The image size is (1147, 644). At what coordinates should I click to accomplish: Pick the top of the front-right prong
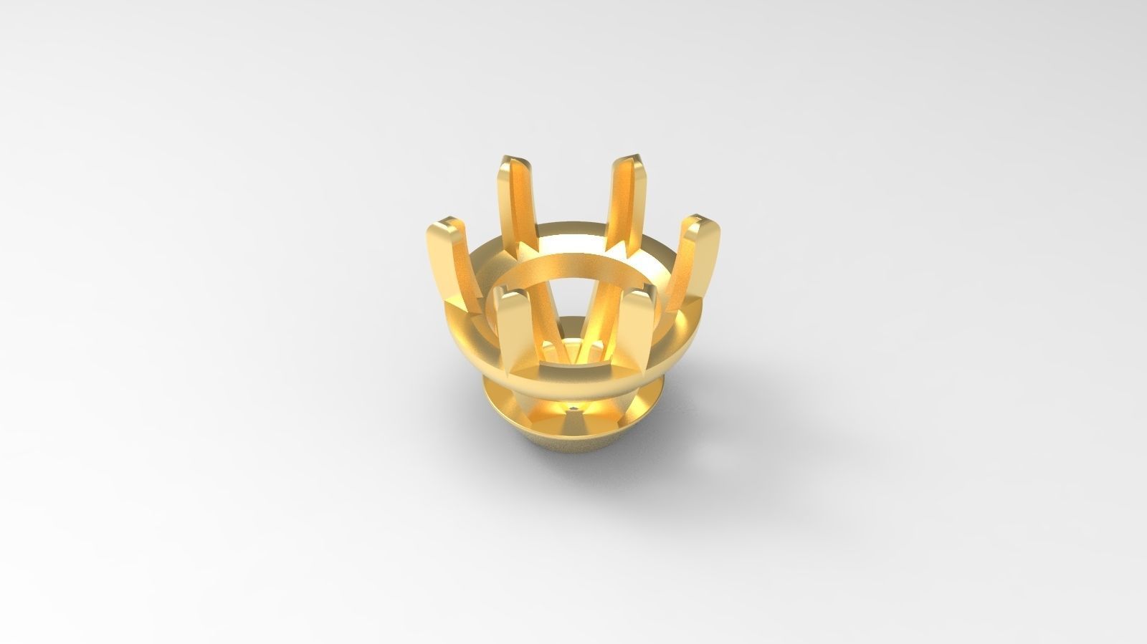tap(639, 294)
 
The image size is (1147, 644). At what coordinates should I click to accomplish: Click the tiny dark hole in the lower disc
tap(574, 408)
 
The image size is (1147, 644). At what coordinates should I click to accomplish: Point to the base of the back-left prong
tap(523, 247)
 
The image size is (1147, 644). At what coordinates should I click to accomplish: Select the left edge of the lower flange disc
tap(488, 394)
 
